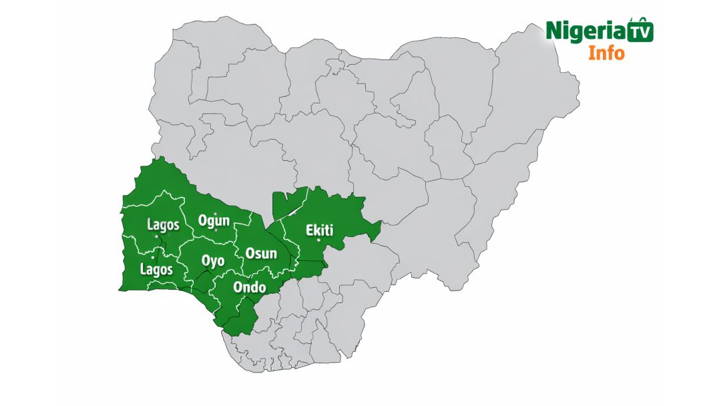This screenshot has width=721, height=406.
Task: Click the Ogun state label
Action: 214,220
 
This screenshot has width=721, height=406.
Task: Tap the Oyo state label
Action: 213,260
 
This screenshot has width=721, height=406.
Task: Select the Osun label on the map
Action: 261,253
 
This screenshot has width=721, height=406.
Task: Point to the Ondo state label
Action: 250,287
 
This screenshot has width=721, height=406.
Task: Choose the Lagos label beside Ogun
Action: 163,224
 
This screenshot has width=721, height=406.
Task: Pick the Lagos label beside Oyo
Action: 156,270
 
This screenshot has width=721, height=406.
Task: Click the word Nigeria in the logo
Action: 586,31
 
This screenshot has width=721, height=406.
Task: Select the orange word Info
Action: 606,53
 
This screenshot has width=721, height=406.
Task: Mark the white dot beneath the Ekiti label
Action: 319,240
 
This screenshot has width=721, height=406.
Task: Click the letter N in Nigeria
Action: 554,31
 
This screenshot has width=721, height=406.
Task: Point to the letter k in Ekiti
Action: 318,230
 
